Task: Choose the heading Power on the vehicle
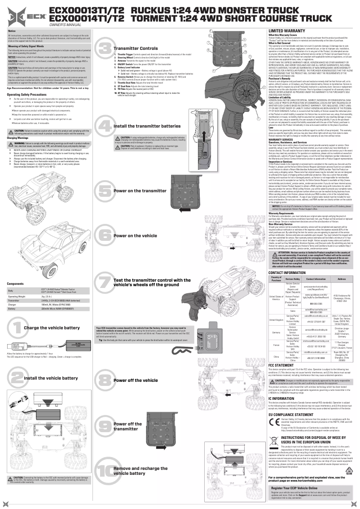pyautogui.click(x=135, y=235)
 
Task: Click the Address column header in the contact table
pyautogui.click(x=342, y=279)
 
